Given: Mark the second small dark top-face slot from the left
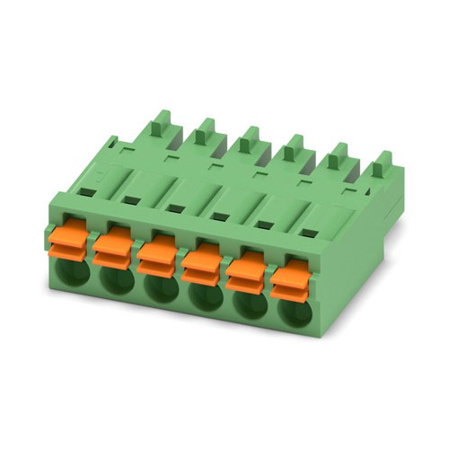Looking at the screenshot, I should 132,200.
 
